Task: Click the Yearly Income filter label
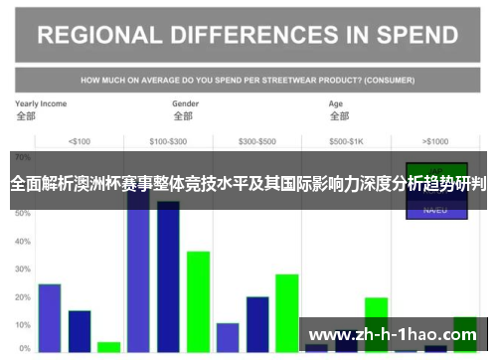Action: [x=41, y=103]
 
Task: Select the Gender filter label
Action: [x=186, y=103]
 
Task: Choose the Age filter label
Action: [x=336, y=103]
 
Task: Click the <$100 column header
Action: [x=79, y=140]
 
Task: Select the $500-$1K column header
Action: [x=346, y=140]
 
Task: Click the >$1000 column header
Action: [x=434, y=140]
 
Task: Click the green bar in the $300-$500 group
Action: [x=287, y=312]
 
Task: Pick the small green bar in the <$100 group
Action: [x=108, y=347]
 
